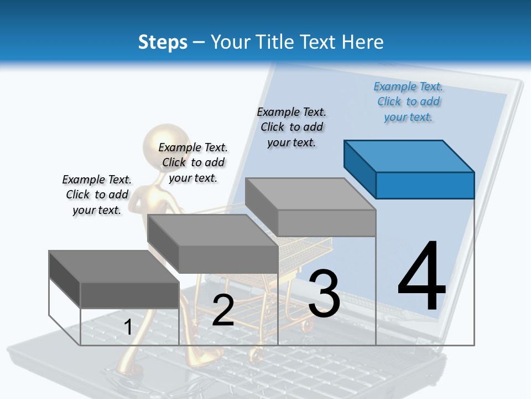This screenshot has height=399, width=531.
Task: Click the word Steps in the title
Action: [163, 42]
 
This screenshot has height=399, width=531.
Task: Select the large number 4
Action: [421, 277]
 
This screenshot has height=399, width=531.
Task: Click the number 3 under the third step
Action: [324, 293]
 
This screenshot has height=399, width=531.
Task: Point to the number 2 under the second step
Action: [223, 310]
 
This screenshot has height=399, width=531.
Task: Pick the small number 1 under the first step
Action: [128, 327]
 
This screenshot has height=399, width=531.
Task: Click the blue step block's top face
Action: [409, 156]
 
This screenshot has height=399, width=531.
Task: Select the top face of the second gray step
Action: [212, 230]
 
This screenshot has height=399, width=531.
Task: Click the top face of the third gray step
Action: [310, 194]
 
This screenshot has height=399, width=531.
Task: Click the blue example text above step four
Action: [408, 102]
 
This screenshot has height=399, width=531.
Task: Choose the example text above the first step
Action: [97, 195]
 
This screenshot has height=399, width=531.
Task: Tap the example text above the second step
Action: [193, 162]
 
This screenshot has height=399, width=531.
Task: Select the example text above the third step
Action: [291, 127]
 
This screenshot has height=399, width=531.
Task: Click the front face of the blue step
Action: [425, 185]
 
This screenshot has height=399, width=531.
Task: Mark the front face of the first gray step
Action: [129, 295]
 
